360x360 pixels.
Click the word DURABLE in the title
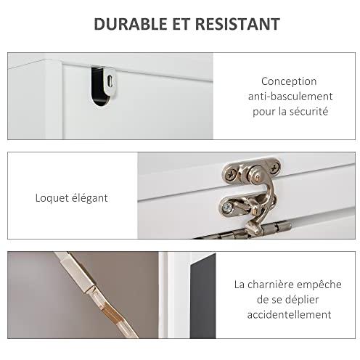tap(130, 24)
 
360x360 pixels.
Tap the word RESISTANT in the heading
tap(237, 24)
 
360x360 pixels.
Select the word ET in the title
tap(181, 24)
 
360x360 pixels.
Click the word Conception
tap(289, 82)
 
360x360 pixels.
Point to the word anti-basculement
tap(290, 97)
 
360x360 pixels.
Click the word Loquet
tap(52, 198)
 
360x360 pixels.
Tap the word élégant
tap(90, 198)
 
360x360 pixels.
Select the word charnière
tap(271, 285)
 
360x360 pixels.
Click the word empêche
tap(319, 285)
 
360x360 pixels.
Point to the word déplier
tap(303, 300)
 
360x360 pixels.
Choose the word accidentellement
tap(289, 315)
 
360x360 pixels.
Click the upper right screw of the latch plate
tap(274, 168)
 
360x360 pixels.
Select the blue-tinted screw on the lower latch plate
tap(227, 207)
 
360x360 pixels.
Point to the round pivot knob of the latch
tap(256, 176)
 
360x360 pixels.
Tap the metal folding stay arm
tap(97, 294)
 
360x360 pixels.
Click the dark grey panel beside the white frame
tap(202, 296)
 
